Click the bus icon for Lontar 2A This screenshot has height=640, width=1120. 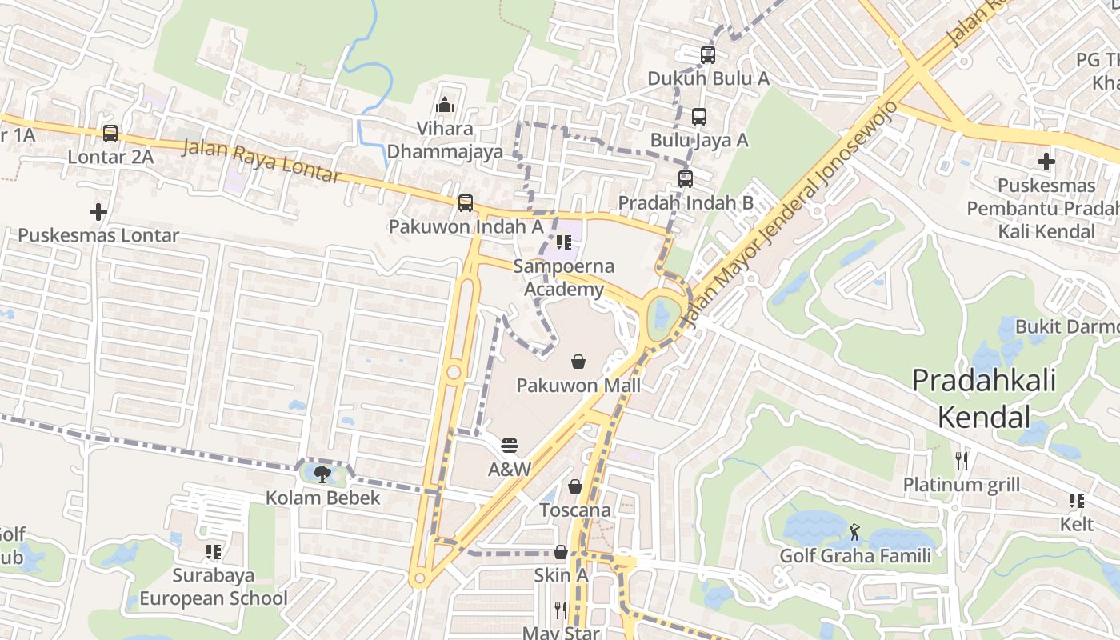pos(110,134)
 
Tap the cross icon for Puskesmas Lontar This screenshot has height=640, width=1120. pos(98,212)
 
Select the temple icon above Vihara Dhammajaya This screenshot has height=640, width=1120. pos(445,105)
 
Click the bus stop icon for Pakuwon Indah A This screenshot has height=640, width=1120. pos(466,203)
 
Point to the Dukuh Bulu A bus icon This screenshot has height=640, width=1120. pos(708,55)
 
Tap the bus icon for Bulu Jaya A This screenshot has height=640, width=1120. pos(699,117)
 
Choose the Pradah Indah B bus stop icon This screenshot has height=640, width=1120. pos(686,179)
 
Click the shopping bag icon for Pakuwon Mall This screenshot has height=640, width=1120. pos(578,362)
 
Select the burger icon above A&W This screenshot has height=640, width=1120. pos(510,446)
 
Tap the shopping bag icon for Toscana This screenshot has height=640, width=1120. pos(574,486)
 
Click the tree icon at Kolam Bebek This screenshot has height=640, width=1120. pos(322,474)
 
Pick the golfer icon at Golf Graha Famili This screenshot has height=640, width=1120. pos(855,531)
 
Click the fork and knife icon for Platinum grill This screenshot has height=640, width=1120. pos(962,461)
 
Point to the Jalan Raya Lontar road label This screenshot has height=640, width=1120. pos(262,161)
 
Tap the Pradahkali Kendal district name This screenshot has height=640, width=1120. pos(984,398)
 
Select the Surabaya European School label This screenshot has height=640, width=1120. pos(214,587)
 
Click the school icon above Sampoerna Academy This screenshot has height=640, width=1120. pos(563,242)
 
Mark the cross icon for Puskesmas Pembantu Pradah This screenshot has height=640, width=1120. pos(1046,162)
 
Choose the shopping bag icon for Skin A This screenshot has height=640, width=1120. pos(561,552)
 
